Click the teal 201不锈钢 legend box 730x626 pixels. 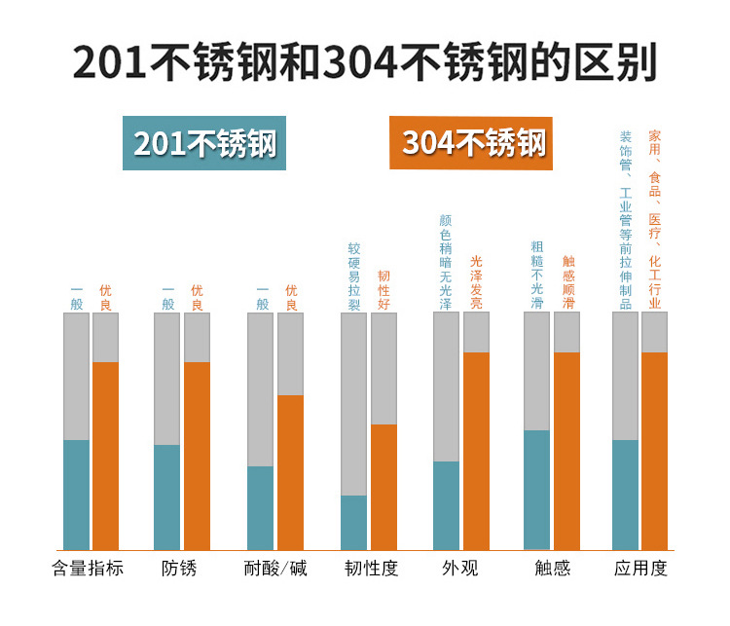click(204, 143)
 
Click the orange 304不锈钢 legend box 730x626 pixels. click(471, 143)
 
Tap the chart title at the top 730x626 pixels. click(365, 61)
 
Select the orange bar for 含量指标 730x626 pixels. click(105, 456)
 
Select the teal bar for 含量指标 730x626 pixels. click(76, 495)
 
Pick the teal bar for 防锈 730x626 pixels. click(166, 497)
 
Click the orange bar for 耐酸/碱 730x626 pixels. click(290, 472)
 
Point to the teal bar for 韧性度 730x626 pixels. click(353, 523)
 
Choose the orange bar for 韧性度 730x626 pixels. click(383, 487)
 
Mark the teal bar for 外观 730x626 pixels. click(446, 505)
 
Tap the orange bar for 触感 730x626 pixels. click(566, 451)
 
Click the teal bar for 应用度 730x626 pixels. click(625, 495)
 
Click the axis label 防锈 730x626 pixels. click(179, 569)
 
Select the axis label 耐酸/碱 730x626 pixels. click(275, 569)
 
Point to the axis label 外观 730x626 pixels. click(459, 569)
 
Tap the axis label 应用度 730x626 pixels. click(640, 569)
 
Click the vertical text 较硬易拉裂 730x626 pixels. click(354, 276)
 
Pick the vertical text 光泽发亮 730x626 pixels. click(476, 281)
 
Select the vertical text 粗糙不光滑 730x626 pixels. click(537, 276)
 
